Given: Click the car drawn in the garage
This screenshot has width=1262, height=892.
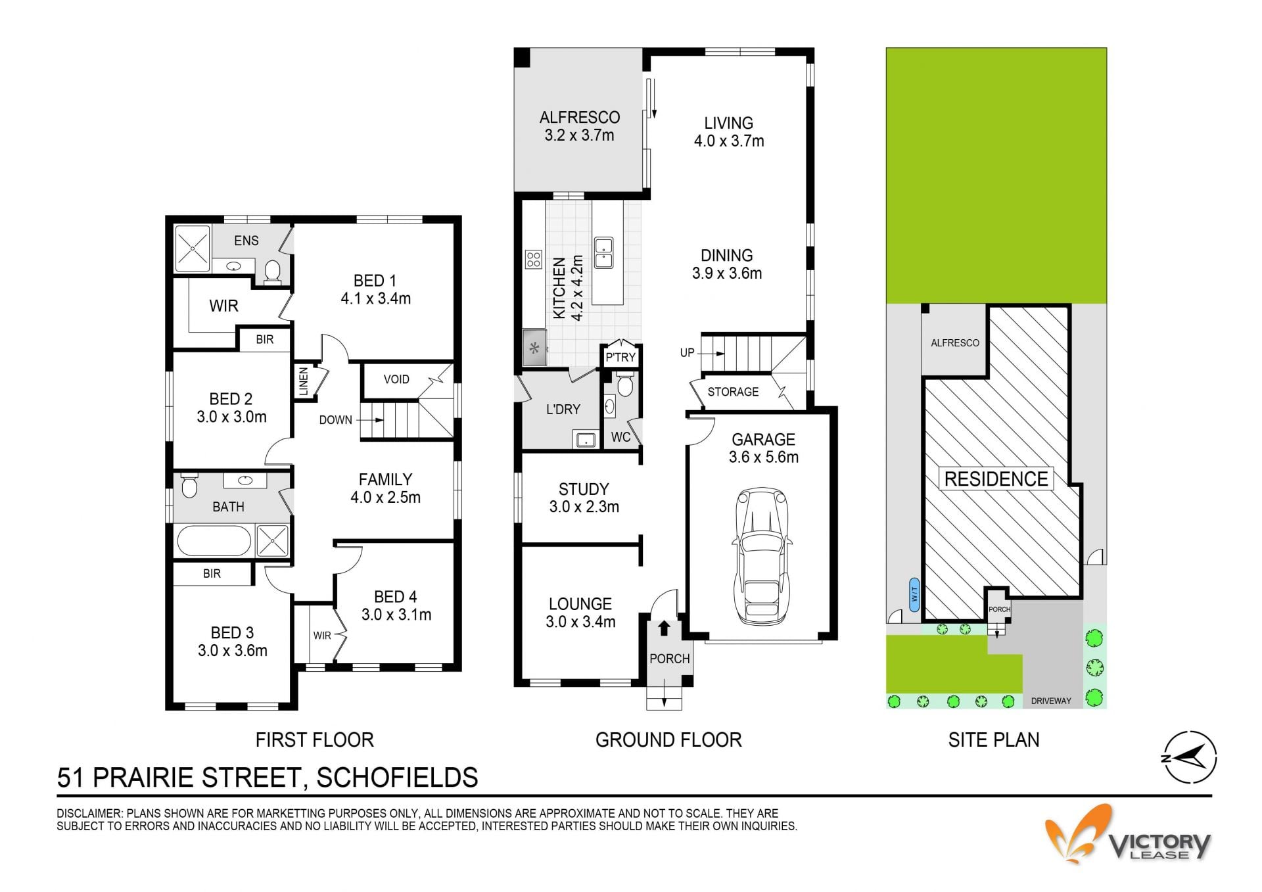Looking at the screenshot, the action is coord(762,556).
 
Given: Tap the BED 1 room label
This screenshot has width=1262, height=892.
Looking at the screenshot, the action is coord(375,289).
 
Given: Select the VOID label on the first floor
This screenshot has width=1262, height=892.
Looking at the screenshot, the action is coord(396,379).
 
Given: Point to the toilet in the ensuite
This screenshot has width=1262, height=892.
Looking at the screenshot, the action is coord(272,271).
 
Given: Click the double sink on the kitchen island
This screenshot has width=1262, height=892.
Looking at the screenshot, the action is coord(603,253).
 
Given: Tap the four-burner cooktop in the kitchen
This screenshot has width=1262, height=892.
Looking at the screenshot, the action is coord(533,260).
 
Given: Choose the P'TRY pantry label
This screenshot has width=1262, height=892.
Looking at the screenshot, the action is coord(620,357).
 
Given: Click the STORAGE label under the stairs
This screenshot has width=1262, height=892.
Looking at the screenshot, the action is coord(733,392).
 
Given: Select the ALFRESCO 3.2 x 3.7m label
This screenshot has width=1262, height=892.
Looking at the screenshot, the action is coord(580,126).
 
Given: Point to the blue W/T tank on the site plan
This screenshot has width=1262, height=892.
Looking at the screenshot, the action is coord(914,594).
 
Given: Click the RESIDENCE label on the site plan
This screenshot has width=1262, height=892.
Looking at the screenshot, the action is coord(996,479).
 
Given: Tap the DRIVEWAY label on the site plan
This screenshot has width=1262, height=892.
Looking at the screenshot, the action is coord(1051,701).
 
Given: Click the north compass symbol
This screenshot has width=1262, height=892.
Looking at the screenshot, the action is coord(1190,757).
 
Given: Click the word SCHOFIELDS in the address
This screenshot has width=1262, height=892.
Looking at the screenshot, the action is coord(397,778).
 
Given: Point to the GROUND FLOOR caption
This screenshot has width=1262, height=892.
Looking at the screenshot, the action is coord(668,740).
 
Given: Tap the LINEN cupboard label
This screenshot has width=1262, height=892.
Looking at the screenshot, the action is coord(303,382).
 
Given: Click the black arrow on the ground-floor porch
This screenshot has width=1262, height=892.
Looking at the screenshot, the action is coord(664,628).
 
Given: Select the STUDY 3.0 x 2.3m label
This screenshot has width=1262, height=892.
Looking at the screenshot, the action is coord(584,498).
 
